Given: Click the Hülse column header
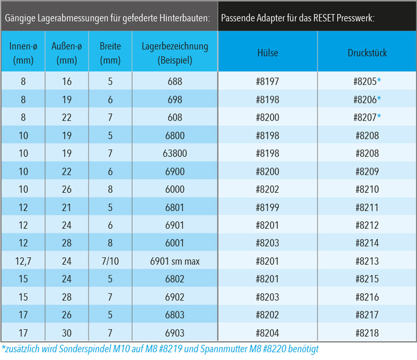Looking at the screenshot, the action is point(268,53).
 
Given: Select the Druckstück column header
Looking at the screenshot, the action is point(367,53).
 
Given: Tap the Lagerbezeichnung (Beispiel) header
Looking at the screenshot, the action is point(175,53).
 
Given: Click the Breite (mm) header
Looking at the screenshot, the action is point(110,53).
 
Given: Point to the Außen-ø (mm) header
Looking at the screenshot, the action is point(67,53).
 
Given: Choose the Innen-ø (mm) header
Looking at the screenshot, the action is point(23,53).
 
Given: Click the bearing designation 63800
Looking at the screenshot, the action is point(175,153).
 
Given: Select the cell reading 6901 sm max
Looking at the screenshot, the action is point(175,261).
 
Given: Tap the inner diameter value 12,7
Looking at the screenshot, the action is point(23,261).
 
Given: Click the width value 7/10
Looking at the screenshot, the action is point(110,261).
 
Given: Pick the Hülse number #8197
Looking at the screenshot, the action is point(268,81).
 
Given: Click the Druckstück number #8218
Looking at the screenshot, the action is point(367,333).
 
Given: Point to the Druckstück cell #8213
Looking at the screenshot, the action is point(367,261).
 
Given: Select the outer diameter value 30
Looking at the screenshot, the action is point(67,333).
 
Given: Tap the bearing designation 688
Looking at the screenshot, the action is point(175,81).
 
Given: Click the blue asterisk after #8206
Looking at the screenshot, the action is point(379,98).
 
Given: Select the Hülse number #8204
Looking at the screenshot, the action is point(268,333).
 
